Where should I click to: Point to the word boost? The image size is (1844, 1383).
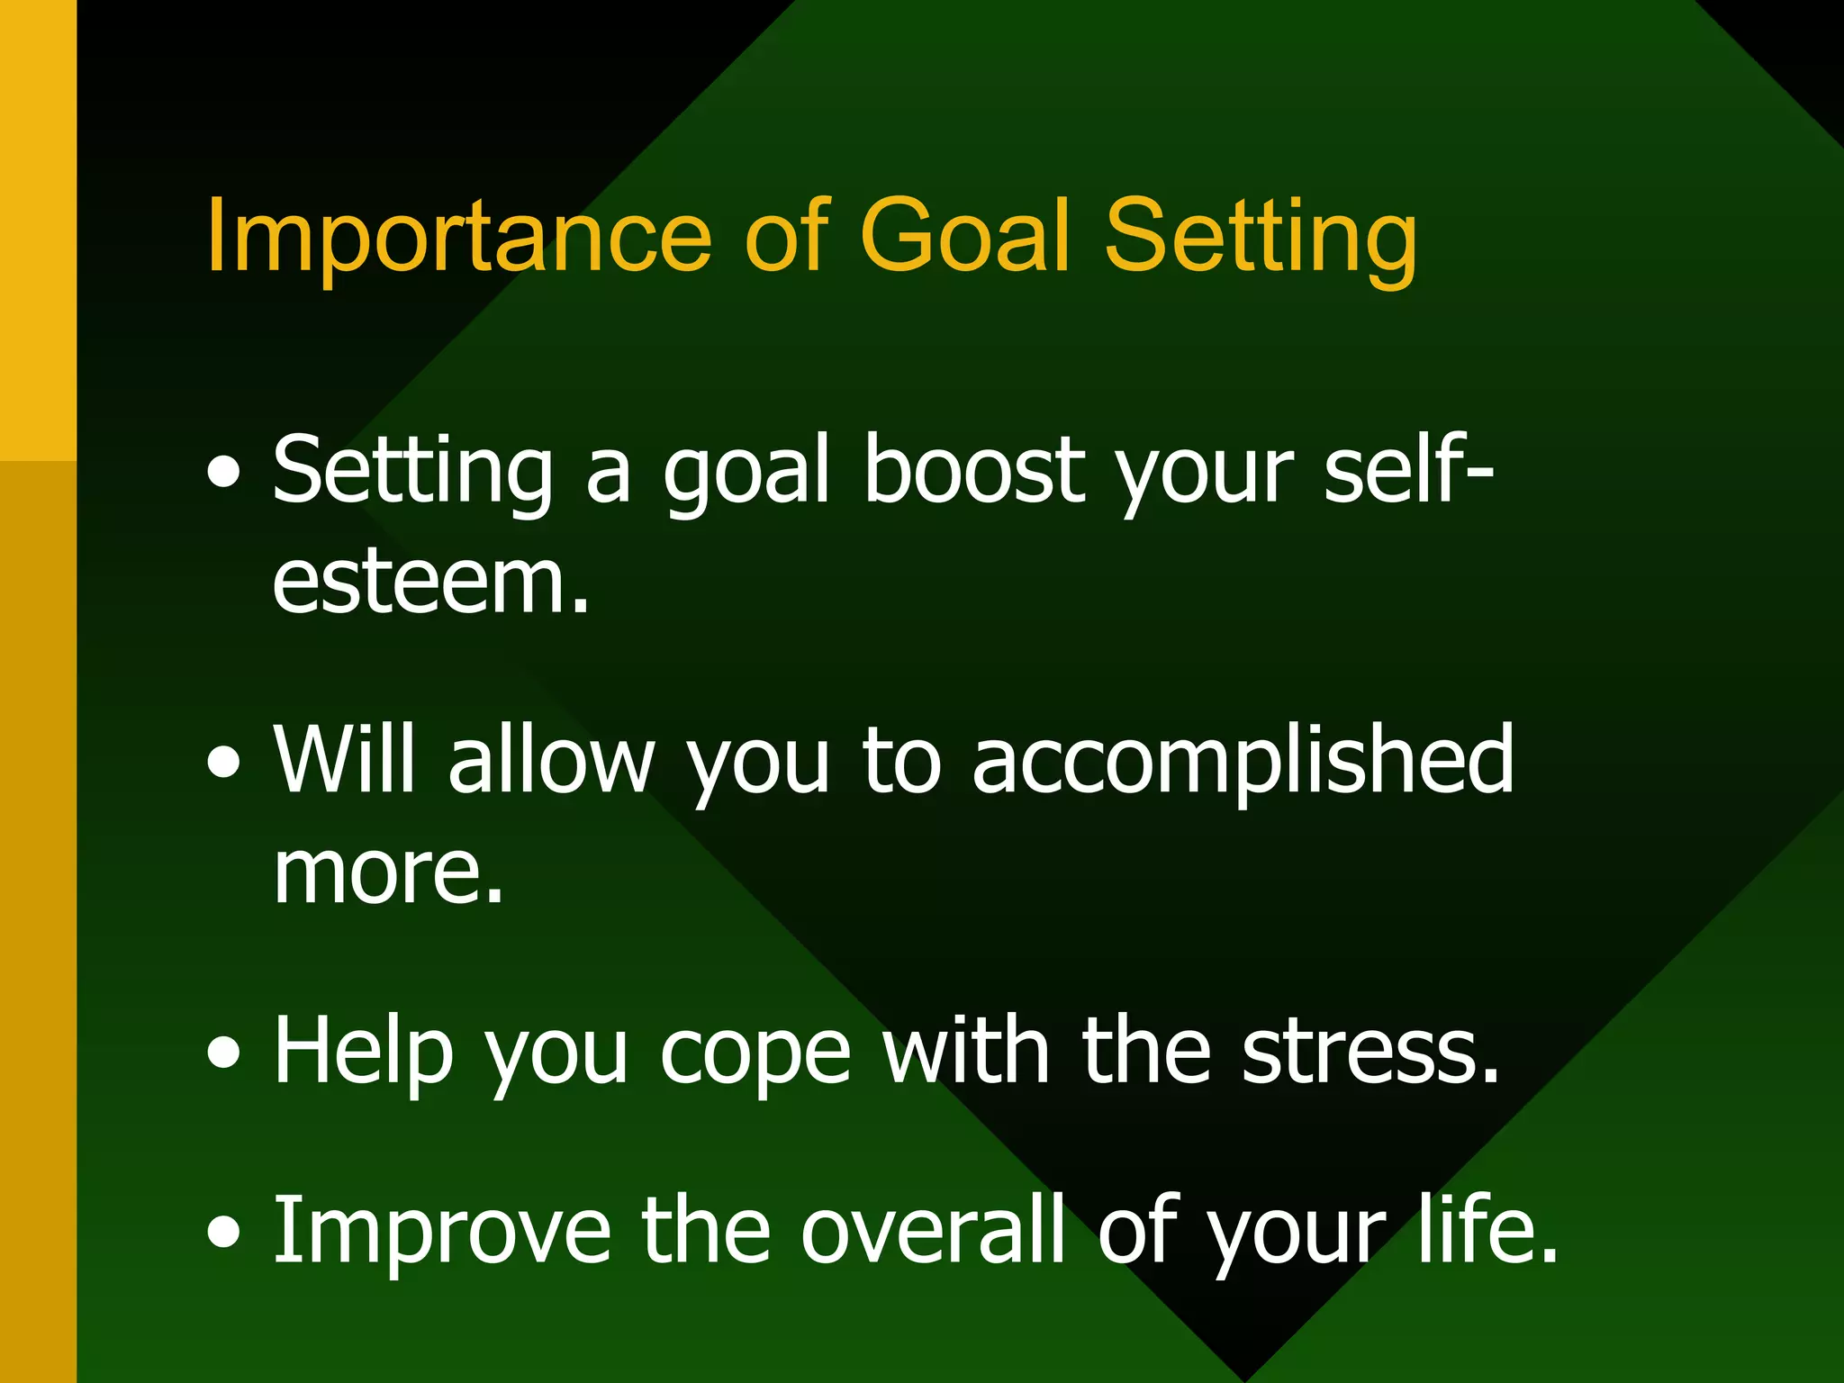click(x=974, y=470)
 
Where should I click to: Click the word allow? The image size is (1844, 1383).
click(x=551, y=761)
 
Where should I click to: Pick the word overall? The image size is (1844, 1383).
click(x=933, y=1230)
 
